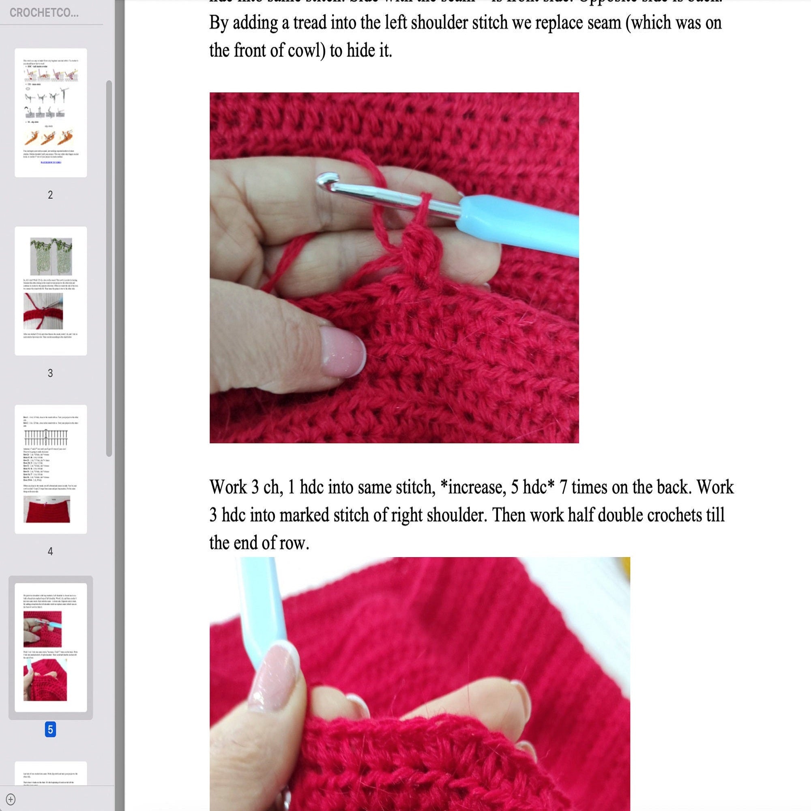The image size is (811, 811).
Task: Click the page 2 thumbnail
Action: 51,112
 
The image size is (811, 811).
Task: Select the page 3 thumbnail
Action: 51,291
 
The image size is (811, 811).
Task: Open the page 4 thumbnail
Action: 51,469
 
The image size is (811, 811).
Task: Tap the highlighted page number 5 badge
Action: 50,729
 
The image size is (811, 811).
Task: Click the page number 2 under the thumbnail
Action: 50,195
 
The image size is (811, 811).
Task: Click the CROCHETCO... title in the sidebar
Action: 44,13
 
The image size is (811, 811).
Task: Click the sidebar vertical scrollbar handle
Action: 109,269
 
